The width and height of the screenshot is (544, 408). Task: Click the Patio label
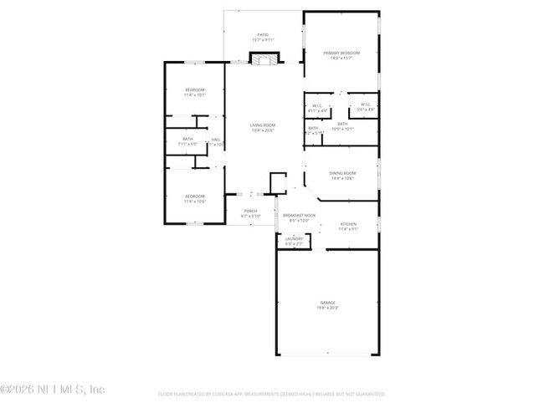coord(263,34)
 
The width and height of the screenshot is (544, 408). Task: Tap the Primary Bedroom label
coord(340,53)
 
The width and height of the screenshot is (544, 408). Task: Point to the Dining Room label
coord(342,173)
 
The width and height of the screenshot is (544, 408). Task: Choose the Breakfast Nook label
coord(299,216)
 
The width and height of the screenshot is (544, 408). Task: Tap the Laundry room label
coord(294,239)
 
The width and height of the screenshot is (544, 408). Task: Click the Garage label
coord(327,303)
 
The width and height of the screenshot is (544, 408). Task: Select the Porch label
coord(250,211)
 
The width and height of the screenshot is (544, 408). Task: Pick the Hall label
coord(216,140)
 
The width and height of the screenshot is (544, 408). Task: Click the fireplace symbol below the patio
coord(265,59)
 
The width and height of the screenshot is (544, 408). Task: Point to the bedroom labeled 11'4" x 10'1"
coord(195,94)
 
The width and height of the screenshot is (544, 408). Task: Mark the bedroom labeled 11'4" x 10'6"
coord(195,201)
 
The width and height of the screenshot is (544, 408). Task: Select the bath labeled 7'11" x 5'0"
coord(187,144)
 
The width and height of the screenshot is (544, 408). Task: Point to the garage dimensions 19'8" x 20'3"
coord(327,309)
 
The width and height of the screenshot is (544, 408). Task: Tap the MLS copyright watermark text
coord(53,389)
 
